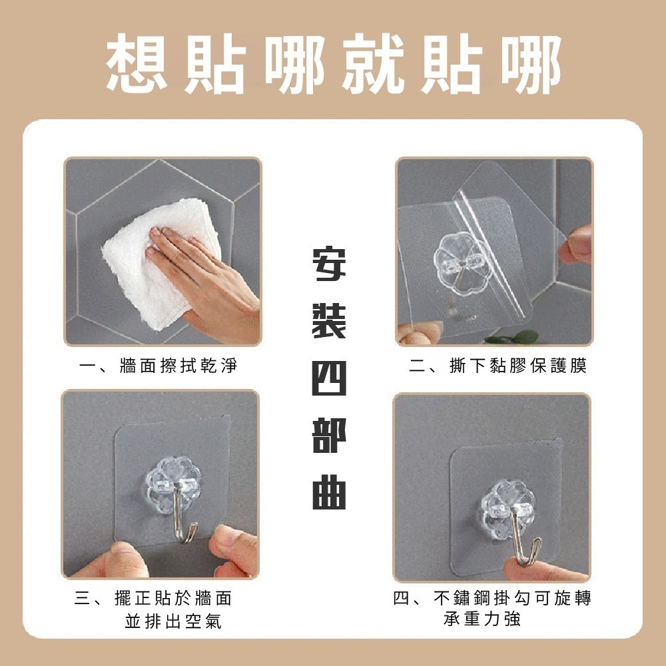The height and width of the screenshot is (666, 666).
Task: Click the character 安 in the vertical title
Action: [x=329, y=264]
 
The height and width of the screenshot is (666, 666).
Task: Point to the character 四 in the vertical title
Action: [x=329, y=378]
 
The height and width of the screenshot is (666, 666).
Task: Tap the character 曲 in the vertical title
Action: [x=329, y=493]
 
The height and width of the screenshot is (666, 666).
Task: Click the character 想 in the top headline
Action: [x=137, y=64]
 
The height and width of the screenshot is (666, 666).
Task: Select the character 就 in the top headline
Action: [x=372, y=64]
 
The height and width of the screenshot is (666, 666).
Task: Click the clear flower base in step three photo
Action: [x=174, y=484]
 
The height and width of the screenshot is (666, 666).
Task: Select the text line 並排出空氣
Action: [x=173, y=621]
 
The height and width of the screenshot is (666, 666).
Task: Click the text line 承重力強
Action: [x=482, y=619]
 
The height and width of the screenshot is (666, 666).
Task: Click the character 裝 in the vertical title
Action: [x=329, y=321]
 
